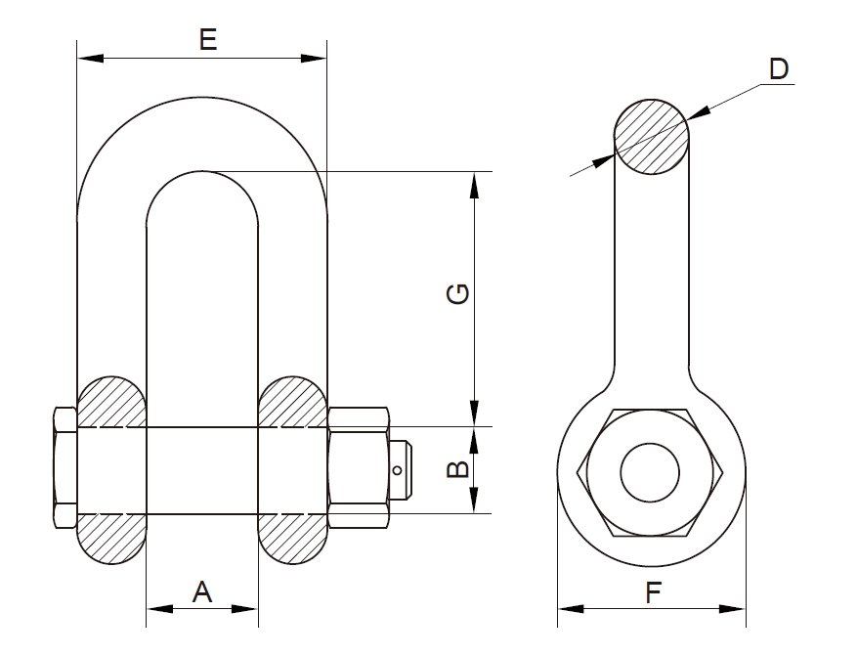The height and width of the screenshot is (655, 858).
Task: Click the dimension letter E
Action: pos(206,40)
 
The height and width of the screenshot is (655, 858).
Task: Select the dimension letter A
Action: pos(201,590)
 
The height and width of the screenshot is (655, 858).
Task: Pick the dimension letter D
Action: pos(778,69)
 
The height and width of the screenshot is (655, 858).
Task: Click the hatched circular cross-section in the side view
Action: pos(651,138)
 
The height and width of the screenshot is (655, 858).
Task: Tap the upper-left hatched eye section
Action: pos(111,402)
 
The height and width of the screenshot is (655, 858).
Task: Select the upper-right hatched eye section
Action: pos(292,402)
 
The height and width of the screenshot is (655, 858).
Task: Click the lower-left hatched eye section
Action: pos(111,539)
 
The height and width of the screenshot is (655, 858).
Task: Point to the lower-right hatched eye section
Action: pos(292,539)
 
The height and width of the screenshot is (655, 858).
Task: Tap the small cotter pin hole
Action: pos(397,471)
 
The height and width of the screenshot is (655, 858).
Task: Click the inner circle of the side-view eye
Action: pos(650,472)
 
